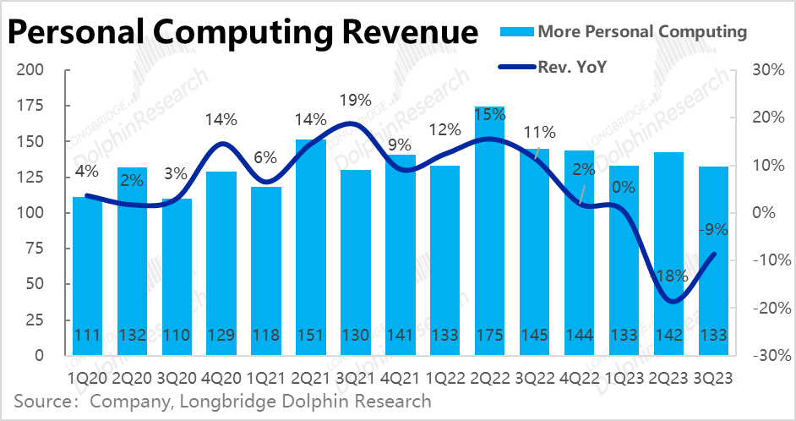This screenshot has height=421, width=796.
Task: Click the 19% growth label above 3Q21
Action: (355, 101)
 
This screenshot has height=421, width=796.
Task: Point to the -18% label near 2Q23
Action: (669, 276)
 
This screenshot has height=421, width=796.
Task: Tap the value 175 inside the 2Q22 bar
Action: (489, 335)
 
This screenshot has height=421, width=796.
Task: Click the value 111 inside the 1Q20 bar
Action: (87, 335)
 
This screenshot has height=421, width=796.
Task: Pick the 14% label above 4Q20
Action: (221, 119)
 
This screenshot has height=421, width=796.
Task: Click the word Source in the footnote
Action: (40, 401)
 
